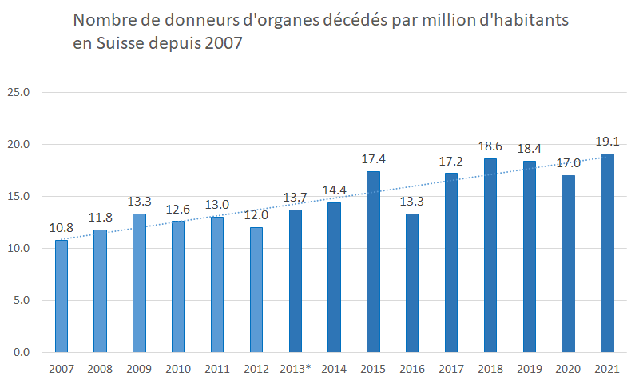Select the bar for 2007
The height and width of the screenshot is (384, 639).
(x=61, y=296)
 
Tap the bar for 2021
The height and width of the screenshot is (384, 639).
(x=607, y=253)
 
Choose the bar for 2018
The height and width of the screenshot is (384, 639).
(x=490, y=255)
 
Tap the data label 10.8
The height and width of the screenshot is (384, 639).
(x=62, y=228)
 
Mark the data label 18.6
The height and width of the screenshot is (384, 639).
(x=491, y=147)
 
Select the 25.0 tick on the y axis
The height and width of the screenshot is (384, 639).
(x=18, y=93)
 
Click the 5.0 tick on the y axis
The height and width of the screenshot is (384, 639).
(x=21, y=301)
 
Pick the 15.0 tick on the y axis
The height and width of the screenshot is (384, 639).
(x=18, y=197)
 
